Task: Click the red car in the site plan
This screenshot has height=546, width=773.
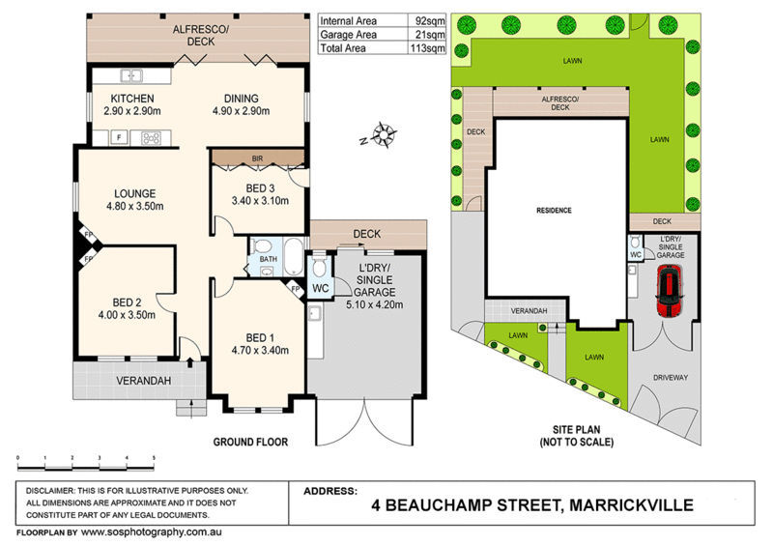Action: click(x=669, y=290)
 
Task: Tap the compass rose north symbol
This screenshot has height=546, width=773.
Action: click(x=381, y=134)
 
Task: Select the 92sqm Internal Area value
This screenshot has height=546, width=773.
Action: click(x=426, y=20)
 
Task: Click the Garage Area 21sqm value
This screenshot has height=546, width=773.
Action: click(x=427, y=35)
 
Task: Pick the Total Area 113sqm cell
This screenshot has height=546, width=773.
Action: click(x=427, y=48)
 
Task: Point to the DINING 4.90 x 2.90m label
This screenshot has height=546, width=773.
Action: click(x=241, y=104)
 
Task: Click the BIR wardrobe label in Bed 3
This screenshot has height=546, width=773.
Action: click(x=257, y=158)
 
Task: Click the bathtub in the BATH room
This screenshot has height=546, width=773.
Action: click(x=294, y=256)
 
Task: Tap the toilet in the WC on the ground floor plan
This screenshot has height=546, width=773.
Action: click(x=320, y=267)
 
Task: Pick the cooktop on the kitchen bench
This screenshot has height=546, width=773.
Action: click(x=151, y=137)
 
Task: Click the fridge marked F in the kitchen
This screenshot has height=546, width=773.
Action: click(x=119, y=137)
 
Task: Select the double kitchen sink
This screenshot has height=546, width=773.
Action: click(x=131, y=75)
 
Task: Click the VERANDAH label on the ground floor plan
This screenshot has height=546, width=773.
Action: click(x=143, y=381)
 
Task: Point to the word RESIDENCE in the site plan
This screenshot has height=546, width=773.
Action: click(x=554, y=211)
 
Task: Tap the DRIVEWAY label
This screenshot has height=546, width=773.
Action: click(x=671, y=377)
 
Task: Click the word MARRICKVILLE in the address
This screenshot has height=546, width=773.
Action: click(x=631, y=505)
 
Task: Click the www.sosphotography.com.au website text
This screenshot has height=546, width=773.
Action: click(x=152, y=532)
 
